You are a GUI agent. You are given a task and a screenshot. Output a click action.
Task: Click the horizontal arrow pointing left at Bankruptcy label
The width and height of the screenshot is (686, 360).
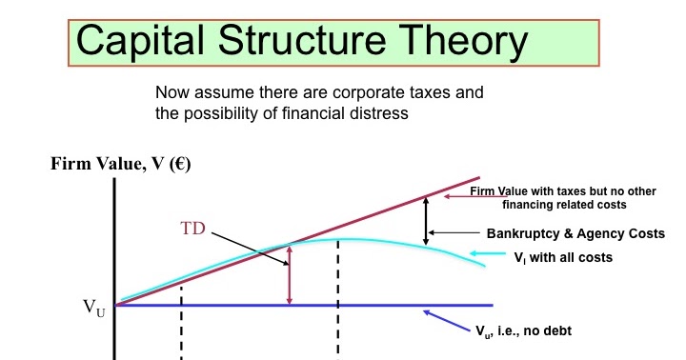(457, 232)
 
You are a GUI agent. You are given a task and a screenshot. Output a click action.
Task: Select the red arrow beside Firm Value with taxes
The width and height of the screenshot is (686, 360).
(468, 196)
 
